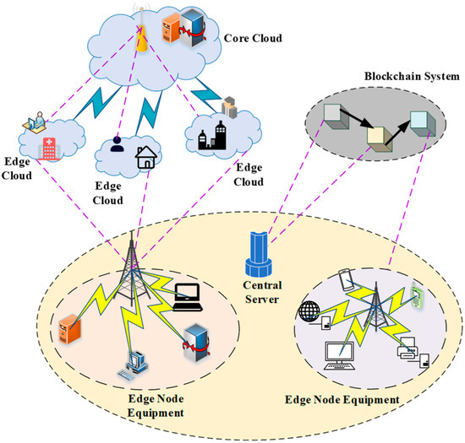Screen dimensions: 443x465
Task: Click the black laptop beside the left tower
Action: click(187, 294)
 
